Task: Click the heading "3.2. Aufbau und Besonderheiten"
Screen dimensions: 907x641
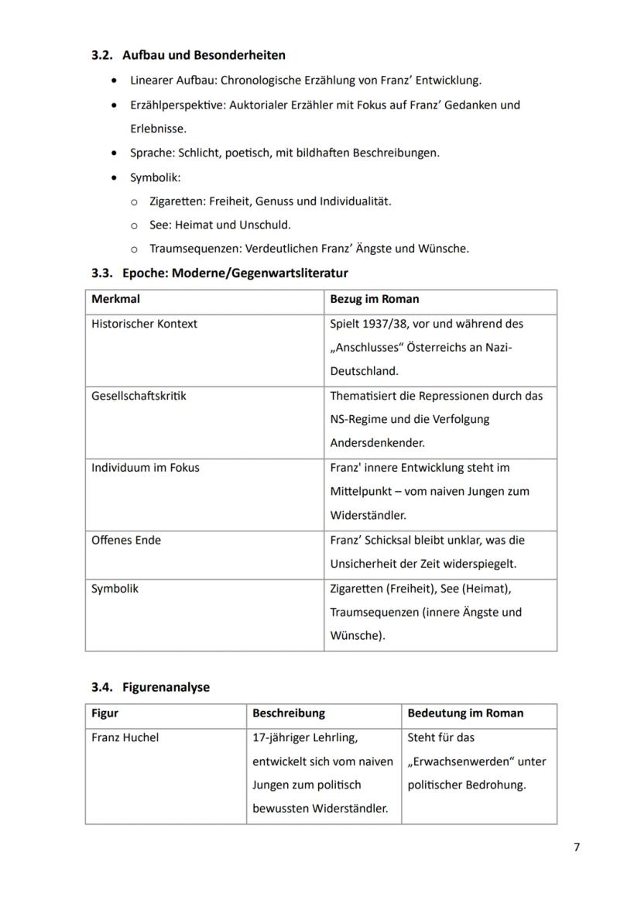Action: point(188,55)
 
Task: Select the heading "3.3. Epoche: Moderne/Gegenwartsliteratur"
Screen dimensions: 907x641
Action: point(220,273)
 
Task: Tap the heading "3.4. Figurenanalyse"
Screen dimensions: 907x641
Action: point(150,687)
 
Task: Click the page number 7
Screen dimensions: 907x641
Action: point(577,847)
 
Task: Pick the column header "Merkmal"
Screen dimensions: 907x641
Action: point(115,299)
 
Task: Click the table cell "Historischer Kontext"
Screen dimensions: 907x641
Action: point(144,324)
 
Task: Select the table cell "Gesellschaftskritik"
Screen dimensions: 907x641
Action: point(139,396)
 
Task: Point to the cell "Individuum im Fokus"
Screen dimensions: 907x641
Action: point(145,468)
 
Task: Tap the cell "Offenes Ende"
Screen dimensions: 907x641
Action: point(126,540)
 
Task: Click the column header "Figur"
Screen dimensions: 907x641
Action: point(105,713)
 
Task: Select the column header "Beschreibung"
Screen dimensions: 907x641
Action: point(289,713)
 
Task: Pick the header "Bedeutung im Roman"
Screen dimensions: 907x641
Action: point(465,713)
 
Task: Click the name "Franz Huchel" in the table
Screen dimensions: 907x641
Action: point(125,738)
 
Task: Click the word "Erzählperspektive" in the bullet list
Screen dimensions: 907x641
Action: point(177,105)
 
